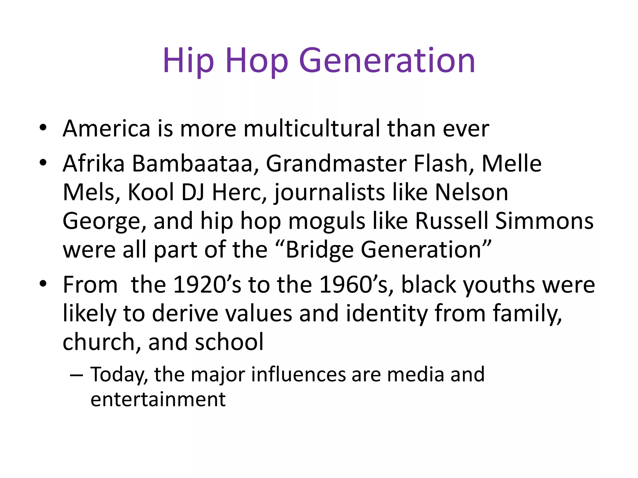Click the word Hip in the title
[188, 61]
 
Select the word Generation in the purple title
[387, 61]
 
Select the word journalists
[330, 192]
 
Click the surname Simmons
[544, 221]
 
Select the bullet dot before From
[43, 284]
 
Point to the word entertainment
[158, 399]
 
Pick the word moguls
[327, 221]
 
